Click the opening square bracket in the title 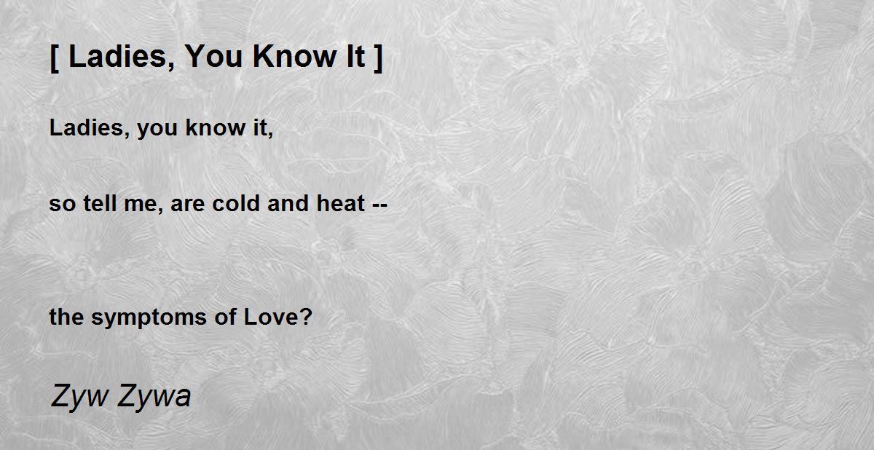pyautogui.click(x=55, y=58)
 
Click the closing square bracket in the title pyautogui.click(x=378, y=58)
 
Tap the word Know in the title pyautogui.click(x=294, y=57)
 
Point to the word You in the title pyautogui.click(x=213, y=57)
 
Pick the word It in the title pyautogui.click(x=355, y=57)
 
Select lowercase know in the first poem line pyautogui.click(x=216, y=127)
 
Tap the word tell pyautogui.click(x=100, y=203)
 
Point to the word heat pyautogui.click(x=340, y=203)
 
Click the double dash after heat pyautogui.click(x=380, y=205)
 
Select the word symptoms pyautogui.click(x=149, y=317)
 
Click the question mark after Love pyautogui.click(x=307, y=316)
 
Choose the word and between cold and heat pyautogui.click(x=288, y=203)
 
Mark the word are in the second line pyautogui.click(x=187, y=205)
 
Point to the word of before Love pyautogui.click(x=225, y=316)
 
